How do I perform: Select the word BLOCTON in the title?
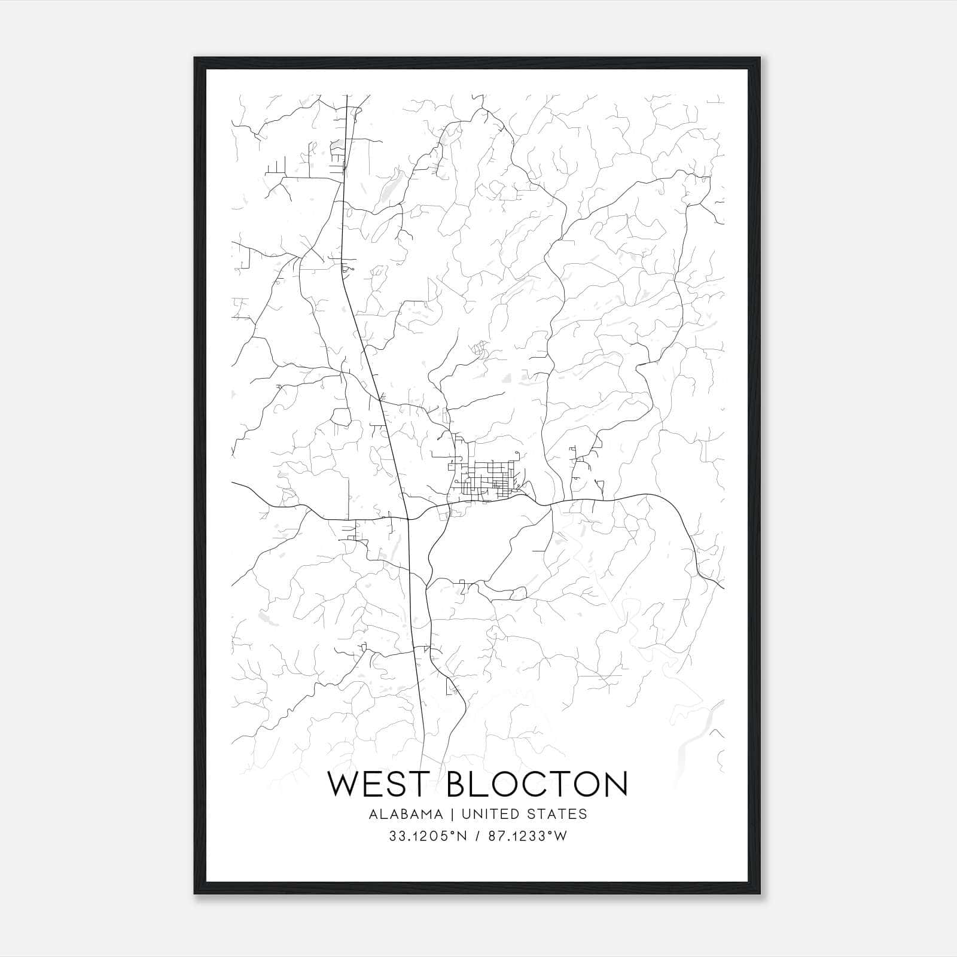coord(537,784)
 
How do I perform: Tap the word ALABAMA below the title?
coord(406,814)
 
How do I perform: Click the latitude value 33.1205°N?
coord(428,837)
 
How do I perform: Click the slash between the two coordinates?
coord(478,837)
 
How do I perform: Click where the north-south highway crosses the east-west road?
coord(408,519)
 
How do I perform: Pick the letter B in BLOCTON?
coord(458,784)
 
